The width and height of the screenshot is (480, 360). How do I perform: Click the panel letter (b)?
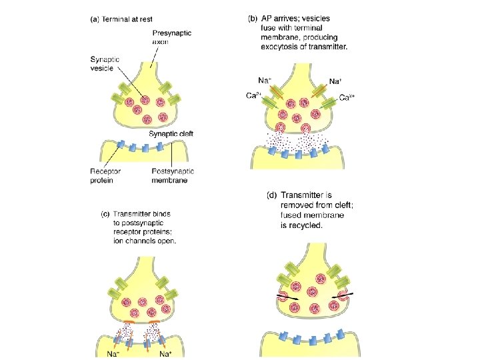(x=253, y=19)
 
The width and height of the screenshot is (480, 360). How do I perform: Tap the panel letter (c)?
(x=105, y=215)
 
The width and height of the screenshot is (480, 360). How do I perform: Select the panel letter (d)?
(x=271, y=195)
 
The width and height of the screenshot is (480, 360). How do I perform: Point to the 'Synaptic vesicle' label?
(x=105, y=64)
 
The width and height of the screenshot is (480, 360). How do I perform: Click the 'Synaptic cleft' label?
(x=171, y=134)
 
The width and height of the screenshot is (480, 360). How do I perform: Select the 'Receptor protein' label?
(x=105, y=175)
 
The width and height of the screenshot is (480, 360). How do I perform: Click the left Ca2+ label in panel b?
(x=253, y=95)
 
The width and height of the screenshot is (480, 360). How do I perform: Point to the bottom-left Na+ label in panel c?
(x=115, y=354)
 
